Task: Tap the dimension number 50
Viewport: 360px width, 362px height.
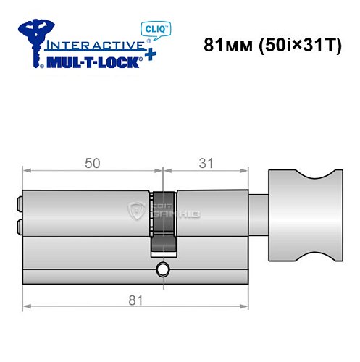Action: (92, 164)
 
